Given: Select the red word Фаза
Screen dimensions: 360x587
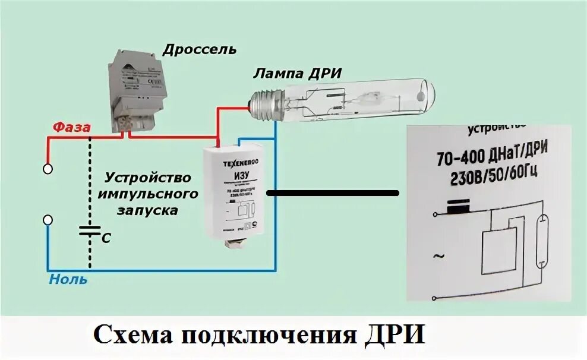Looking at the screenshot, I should [x=72, y=127].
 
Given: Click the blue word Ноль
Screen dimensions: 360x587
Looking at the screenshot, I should [x=68, y=279].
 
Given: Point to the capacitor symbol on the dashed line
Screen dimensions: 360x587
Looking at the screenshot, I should [x=90, y=230].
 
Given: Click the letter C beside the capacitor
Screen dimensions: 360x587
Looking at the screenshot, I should [x=106, y=238].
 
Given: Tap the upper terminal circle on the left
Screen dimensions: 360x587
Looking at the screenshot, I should [x=48, y=169].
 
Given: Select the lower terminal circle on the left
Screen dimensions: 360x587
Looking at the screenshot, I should [x=48, y=220].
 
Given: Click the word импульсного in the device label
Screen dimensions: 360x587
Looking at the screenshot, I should [x=147, y=194].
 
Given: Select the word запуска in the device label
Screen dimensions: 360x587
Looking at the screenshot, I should [x=148, y=210].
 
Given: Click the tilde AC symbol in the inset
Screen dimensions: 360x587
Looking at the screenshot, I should [x=438, y=256].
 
